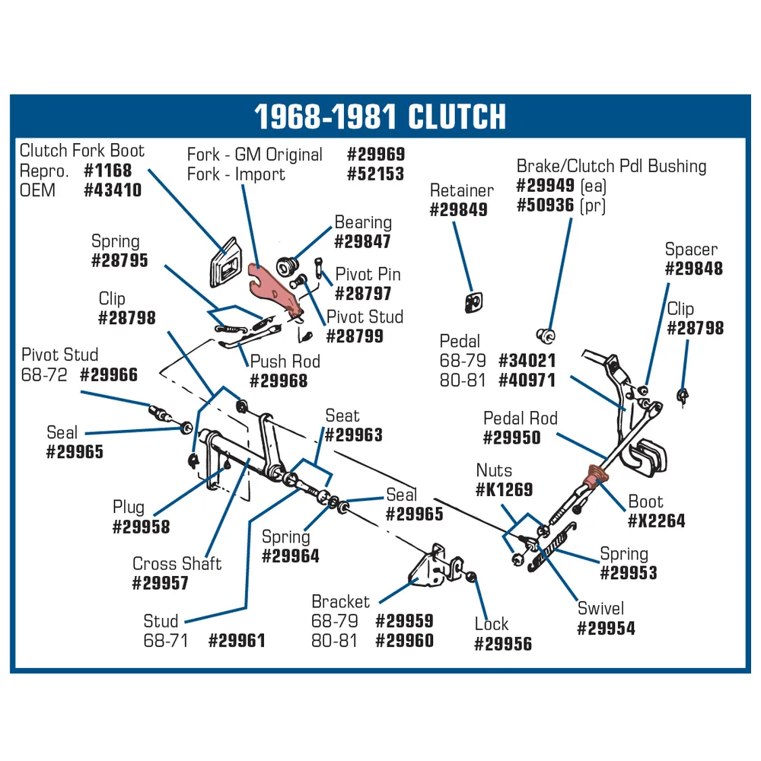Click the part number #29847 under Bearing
click(x=362, y=241)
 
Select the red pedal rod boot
click(x=595, y=476)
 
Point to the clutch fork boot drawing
click(x=226, y=262)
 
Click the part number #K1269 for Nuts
click(x=504, y=489)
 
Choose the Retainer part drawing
click(x=473, y=302)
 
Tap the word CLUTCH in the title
click(x=457, y=117)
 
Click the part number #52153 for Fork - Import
click(x=375, y=174)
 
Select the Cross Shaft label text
click(x=177, y=563)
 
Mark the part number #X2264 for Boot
click(x=656, y=521)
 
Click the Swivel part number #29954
click(x=606, y=629)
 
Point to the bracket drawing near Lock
click(x=435, y=566)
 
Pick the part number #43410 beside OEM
click(x=113, y=189)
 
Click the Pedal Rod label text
click(x=521, y=418)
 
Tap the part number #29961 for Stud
click(x=237, y=641)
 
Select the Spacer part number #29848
click(x=693, y=269)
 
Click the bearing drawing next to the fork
click(x=288, y=266)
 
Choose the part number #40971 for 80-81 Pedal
click(x=527, y=380)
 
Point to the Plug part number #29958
click(x=141, y=527)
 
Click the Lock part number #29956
click(x=503, y=644)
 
